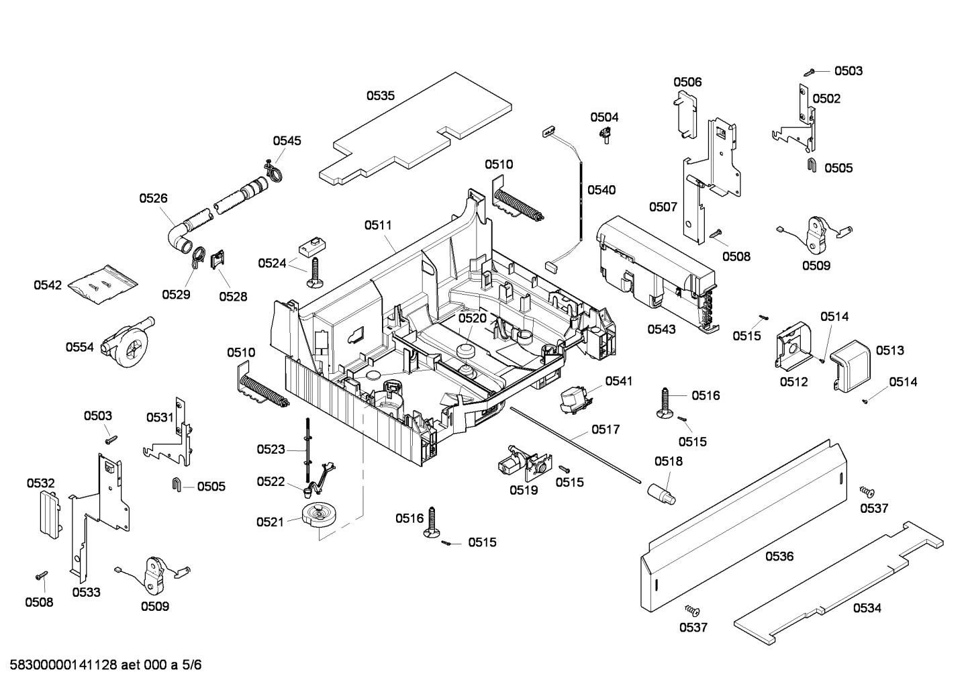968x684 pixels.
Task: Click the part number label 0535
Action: tap(380, 96)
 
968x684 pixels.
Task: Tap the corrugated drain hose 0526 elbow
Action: tap(177, 236)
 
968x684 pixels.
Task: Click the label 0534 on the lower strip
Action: tap(867, 608)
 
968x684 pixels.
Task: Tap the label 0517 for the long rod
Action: tap(606, 430)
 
